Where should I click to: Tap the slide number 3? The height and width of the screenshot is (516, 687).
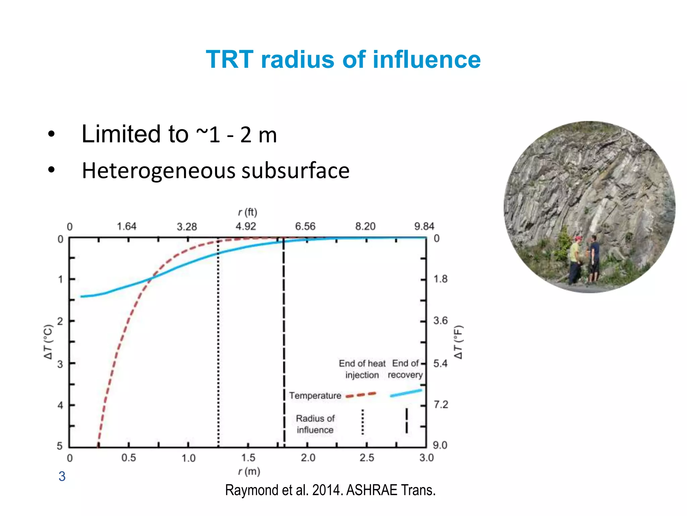(62, 476)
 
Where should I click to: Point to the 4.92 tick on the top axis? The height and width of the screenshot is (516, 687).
(246, 226)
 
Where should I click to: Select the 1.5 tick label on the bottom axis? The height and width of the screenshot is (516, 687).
(248, 458)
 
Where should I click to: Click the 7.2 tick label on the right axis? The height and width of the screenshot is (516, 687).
(441, 404)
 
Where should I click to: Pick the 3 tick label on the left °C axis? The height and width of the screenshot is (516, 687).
(60, 364)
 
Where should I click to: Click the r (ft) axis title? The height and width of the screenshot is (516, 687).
(248, 212)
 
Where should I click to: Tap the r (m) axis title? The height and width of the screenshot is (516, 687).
(249, 472)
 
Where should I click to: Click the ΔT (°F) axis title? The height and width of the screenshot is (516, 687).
(458, 342)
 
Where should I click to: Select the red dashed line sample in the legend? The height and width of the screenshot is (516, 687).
(361, 395)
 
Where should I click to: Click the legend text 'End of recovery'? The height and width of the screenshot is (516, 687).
(405, 369)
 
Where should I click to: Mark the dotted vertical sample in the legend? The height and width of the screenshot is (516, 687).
(363, 422)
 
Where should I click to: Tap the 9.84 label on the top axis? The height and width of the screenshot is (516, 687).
(424, 226)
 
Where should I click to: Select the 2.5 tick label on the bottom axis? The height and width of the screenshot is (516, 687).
(367, 458)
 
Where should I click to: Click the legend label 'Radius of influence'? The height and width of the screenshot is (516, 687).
(315, 424)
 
